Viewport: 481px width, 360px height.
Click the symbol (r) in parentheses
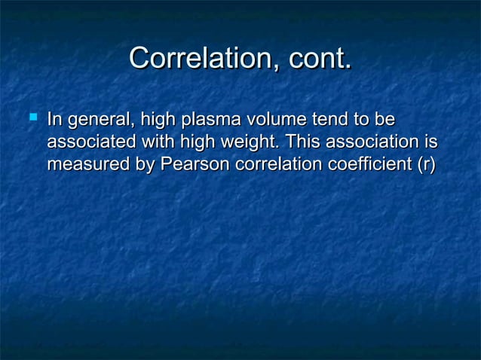click(x=425, y=164)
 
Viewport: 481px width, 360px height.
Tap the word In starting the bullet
click(x=54, y=120)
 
